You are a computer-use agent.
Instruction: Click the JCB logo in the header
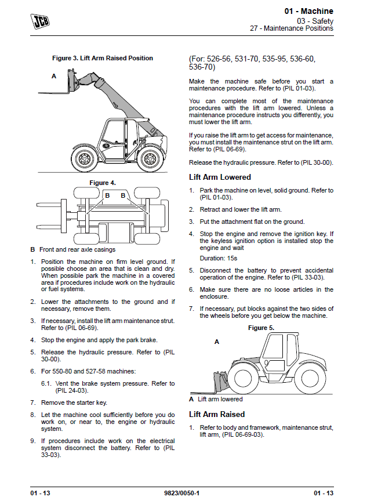[x=39, y=21]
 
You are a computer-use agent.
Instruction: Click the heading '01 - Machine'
[x=308, y=11]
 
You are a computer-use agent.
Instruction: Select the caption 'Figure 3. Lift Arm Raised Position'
[x=103, y=58]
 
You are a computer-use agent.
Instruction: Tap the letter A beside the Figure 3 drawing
[x=54, y=76]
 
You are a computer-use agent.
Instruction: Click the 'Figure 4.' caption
[x=103, y=183]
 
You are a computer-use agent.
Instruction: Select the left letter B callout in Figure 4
[x=107, y=196]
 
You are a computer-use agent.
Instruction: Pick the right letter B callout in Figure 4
[x=123, y=196]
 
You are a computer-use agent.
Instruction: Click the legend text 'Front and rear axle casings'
[x=77, y=249]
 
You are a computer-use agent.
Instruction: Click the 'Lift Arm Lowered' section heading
[x=220, y=177]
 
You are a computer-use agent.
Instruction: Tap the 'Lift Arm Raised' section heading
[x=217, y=414]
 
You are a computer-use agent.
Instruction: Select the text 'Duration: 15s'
[x=219, y=258]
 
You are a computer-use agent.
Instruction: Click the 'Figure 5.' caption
[x=261, y=328]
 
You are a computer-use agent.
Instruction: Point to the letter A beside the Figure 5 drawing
[x=217, y=342]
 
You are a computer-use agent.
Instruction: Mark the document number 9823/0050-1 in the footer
[x=183, y=492]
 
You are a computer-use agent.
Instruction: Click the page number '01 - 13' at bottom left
[x=41, y=492]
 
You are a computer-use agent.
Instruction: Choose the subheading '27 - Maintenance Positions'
[x=292, y=28]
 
